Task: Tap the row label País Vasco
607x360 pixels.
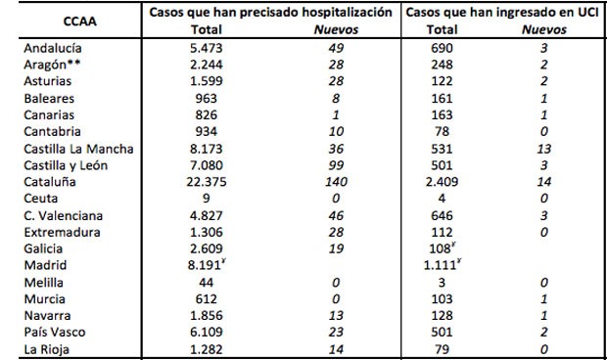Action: (x=55, y=332)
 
